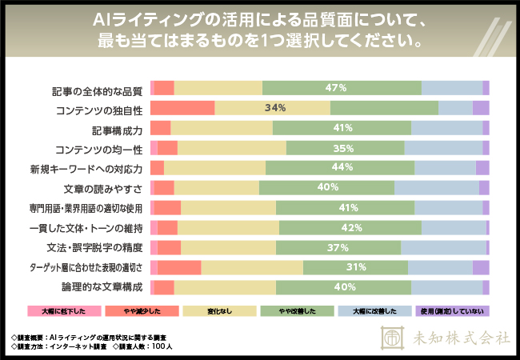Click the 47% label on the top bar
(x=335, y=88)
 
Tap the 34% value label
(x=275, y=108)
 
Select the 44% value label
(x=342, y=168)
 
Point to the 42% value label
(x=352, y=228)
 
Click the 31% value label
(x=356, y=267)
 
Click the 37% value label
(x=337, y=247)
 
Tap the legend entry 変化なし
(x=219, y=311)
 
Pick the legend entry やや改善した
(x=297, y=311)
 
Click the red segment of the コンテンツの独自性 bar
(x=182, y=108)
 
